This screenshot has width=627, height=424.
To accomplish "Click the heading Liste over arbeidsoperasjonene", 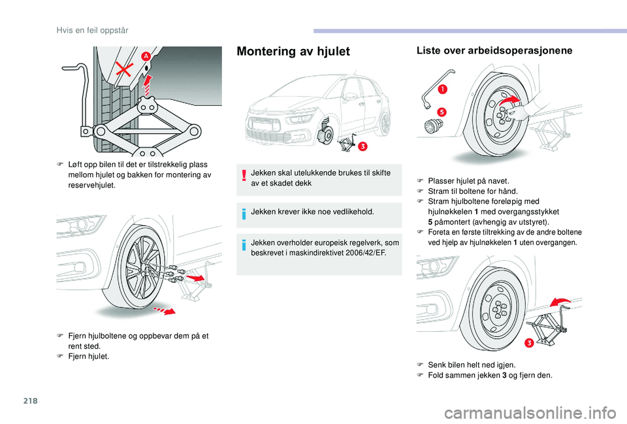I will [494, 51].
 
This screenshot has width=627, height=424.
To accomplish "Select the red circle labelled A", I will [146, 57].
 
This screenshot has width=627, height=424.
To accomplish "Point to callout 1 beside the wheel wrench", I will [443, 88].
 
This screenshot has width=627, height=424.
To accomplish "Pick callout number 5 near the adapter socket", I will [442, 112].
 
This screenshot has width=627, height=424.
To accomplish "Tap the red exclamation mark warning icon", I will [244, 177].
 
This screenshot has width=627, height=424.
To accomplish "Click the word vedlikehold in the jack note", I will [351, 212].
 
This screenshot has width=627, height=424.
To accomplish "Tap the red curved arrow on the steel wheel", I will [511, 101].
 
